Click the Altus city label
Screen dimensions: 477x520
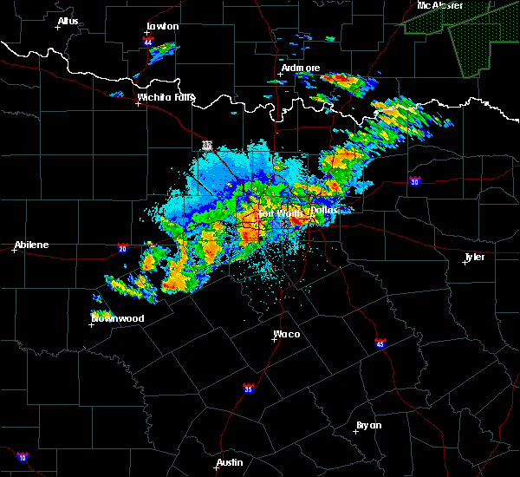[x=68, y=21]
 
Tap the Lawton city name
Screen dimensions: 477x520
[x=162, y=26]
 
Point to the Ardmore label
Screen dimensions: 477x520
[x=300, y=68]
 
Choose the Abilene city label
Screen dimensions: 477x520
[x=31, y=245]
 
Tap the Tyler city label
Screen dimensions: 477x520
[x=474, y=258]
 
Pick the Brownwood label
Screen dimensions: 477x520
[x=118, y=318]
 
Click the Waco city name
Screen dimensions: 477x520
[x=287, y=334]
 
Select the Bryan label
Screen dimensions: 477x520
[x=368, y=424]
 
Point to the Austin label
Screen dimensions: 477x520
[x=230, y=462]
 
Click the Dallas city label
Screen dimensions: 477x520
[x=323, y=210]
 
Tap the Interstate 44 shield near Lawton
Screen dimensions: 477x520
[x=148, y=42]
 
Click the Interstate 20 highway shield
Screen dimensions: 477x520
[x=123, y=249]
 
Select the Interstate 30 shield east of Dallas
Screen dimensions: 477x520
[x=415, y=181]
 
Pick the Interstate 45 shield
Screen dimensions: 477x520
[x=380, y=344]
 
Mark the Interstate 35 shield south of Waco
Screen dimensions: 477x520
[x=249, y=388]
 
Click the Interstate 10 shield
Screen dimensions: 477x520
[x=22, y=457]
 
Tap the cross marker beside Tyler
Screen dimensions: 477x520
[x=465, y=262]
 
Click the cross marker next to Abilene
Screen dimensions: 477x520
[x=15, y=250]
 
